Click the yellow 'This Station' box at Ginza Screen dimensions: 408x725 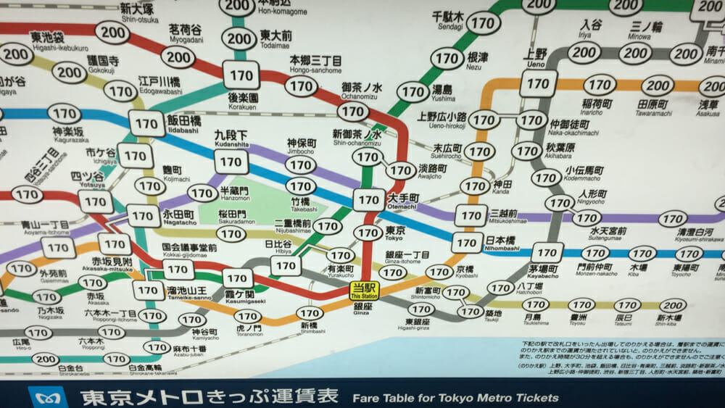(x=364, y=291)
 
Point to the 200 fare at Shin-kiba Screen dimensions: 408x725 (x=674, y=305)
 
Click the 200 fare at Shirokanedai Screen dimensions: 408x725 (x=46, y=359)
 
